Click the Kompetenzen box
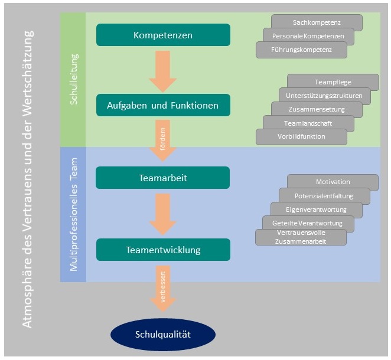pyautogui.click(x=163, y=35)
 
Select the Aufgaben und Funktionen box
pyautogui.click(x=163, y=106)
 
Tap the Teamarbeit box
pyautogui.click(x=163, y=177)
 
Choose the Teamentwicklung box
pyautogui.click(x=163, y=250)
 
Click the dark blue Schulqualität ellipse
pyautogui.click(x=164, y=333)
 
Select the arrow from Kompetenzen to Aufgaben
pyautogui.click(x=163, y=70)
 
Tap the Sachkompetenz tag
pyautogui.click(x=317, y=22)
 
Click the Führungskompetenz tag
pyautogui.click(x=301, y=50)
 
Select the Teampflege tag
pyautogui.click(x=333, y=82)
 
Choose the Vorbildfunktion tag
pyautogui.click(x=301, y=136)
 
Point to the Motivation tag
pyautogui.click(x=333, y=182)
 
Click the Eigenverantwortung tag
pyautogui.click(x=317, y=210)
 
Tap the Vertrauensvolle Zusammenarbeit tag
pyautogui.click(x=301, y=237)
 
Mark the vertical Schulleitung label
pyautogui.click(x=73, y=79)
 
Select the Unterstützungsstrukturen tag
pyautogui.click(x=325, y=96)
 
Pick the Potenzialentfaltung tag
pyautogui.click(x=325, y=196)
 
